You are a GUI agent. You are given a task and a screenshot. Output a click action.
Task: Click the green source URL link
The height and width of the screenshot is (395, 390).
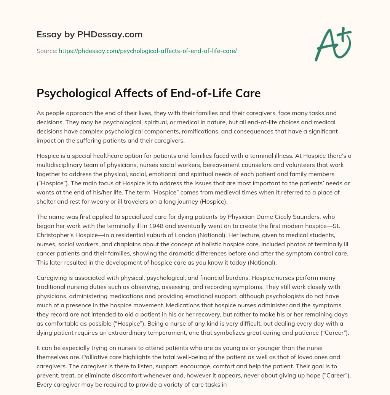[148, 51]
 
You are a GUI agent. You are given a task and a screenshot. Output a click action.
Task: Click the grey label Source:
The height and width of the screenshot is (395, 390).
[46, 51]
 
